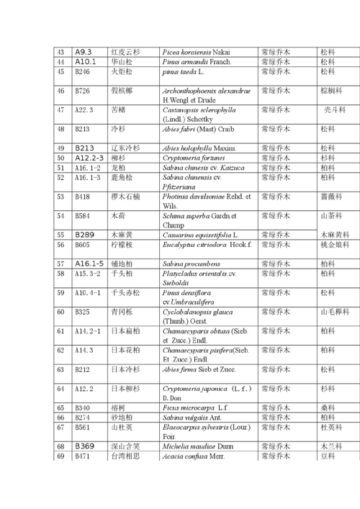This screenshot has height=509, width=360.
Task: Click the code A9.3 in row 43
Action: point(84,52)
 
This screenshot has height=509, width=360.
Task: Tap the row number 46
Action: point(60,91)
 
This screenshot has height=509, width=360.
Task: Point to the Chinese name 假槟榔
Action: point(122,91)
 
